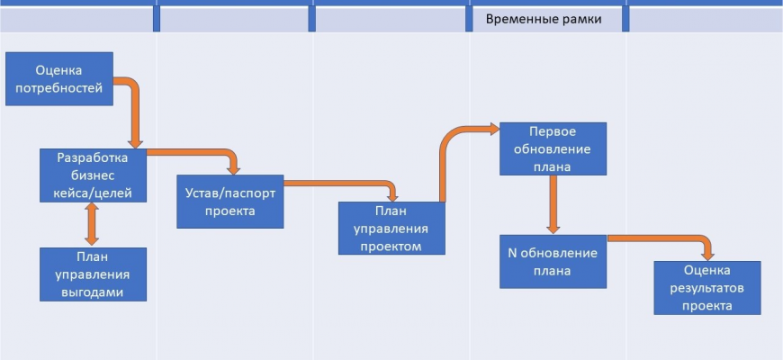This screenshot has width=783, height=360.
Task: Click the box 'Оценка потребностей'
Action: pos(59,78)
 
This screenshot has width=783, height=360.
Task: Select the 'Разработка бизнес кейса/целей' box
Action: pos(94,175)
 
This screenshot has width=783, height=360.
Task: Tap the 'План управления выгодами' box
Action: pos(94,274)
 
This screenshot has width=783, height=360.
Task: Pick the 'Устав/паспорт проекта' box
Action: pos(229,202)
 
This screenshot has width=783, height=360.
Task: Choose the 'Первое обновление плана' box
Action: pos(553,148)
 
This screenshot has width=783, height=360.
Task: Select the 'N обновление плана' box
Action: pos(553,261)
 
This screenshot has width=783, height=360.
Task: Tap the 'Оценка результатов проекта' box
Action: pos(706,288)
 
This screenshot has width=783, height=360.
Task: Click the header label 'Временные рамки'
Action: pos(544,19)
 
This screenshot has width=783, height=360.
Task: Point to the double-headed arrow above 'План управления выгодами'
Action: pos(91,223)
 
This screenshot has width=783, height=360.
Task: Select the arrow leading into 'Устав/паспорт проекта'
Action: pos(207,153)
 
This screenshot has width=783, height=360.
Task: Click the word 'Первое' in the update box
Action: pos(553,131)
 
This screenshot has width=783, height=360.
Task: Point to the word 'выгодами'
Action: pos(94,292)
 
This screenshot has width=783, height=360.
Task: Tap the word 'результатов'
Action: pos(706,288)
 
